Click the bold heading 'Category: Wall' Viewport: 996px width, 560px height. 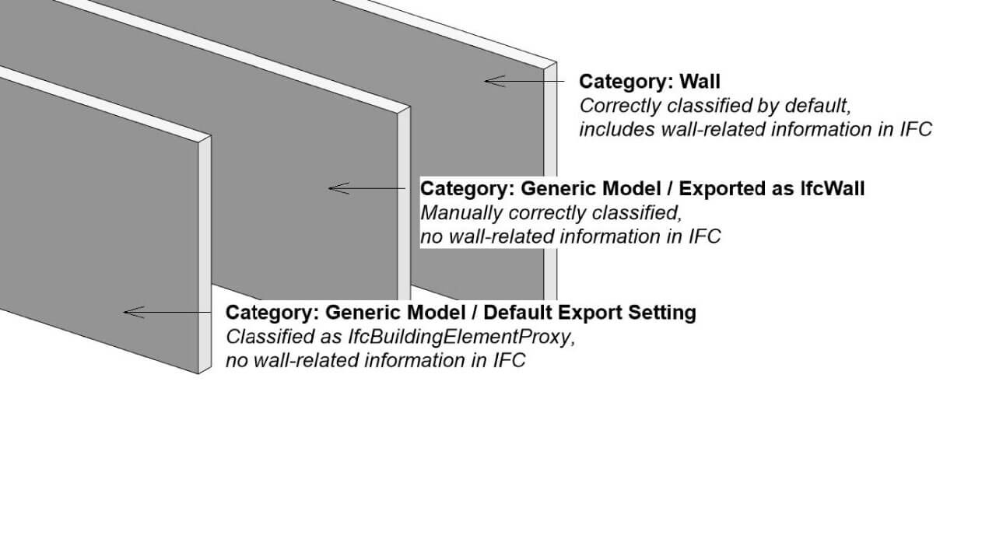650,82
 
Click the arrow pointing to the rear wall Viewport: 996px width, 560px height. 524,82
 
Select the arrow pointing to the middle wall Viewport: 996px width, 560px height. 366,188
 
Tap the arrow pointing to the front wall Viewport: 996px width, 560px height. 167,313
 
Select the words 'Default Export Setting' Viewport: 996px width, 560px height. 590,313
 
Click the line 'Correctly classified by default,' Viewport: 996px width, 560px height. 715,107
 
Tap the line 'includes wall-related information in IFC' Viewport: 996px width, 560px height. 756,129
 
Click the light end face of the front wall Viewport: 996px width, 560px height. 205,254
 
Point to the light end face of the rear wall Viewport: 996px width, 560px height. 550,181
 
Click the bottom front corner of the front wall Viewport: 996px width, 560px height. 198,374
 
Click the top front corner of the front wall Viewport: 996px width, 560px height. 198,143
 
